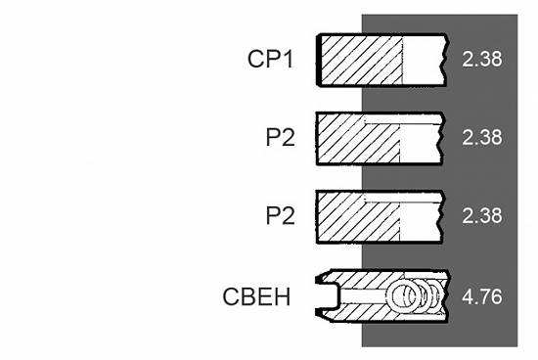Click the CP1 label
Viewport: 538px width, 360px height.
[x=270, y=59]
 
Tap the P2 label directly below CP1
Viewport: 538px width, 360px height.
[x=281, y=137]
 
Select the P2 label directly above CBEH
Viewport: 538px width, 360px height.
[x=281, y=215]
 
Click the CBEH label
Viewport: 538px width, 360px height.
[x=256, y=296]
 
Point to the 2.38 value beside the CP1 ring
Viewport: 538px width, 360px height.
[x=481, y=59]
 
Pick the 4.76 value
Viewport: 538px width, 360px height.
[x=481, y=296]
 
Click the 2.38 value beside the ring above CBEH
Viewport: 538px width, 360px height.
[x=481, y=215]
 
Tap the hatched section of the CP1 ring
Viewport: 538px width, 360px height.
[x=362, y=61]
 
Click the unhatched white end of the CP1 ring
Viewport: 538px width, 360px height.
[x=425, y=61]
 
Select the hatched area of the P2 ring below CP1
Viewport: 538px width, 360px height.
[x=357, y=139]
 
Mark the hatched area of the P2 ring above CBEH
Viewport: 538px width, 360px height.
[x=357, y=217]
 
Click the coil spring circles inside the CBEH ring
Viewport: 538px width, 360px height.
[x=416, y=295]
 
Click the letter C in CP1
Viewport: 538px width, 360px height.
[x=255, y=59]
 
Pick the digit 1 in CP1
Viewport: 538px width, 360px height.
[x=289, y=59]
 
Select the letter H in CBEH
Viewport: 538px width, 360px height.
[x=283, y=296]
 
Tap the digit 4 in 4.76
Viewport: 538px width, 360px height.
[x=468, y=296]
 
